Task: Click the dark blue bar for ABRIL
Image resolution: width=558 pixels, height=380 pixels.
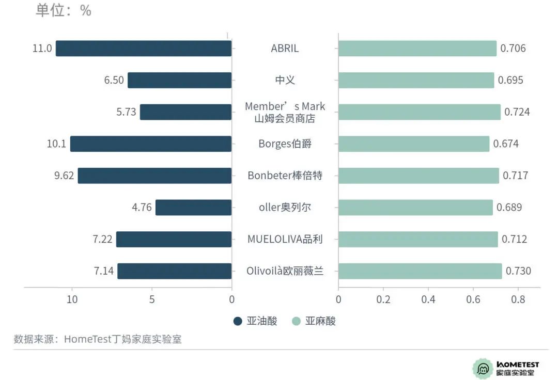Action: (144, 49)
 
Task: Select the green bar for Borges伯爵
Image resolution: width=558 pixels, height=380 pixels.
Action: (414, 144)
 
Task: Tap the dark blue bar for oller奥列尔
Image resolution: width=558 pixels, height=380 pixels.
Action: (193, 208)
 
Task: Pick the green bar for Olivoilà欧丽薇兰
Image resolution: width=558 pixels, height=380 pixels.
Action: (420, 271)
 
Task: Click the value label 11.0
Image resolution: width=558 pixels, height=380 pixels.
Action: (42, 49)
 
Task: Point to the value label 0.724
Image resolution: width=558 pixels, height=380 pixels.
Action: (517, 112)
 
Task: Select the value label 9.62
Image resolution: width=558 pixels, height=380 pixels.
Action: (64, 176)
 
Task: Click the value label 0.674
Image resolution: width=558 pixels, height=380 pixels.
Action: (505, 144)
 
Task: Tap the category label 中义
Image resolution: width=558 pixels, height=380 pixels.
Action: (285, 80)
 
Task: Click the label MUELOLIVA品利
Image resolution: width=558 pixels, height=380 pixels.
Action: (285, 239)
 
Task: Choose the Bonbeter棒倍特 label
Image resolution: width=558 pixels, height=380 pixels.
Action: (285, 176)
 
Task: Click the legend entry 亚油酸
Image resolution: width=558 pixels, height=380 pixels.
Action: (255, 321)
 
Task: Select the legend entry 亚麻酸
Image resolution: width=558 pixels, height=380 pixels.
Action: (314, 321)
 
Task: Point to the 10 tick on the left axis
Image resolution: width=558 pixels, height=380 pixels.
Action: (72, 299)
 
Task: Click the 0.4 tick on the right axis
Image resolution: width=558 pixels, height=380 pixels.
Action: (428, 299)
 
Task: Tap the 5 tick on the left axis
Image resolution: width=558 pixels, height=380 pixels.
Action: (152, 299)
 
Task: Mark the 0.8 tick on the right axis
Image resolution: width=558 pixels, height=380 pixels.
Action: (518, 299)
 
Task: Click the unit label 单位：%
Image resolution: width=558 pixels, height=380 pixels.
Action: (63, 10)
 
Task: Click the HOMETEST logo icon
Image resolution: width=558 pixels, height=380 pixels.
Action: (483, 368)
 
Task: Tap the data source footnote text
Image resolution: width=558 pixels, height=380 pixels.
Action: (98, 339)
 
